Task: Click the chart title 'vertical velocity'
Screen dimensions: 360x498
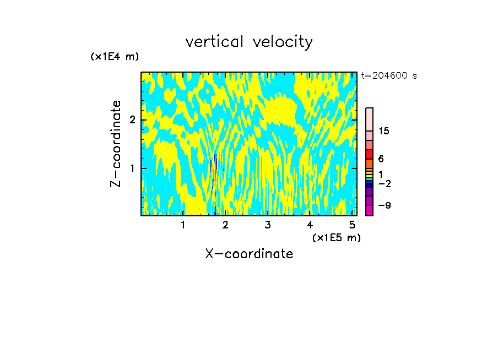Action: (x=249, y=42)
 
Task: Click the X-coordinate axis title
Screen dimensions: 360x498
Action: (x=249, y=254)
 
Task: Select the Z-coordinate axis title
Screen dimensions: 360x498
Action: (x=116, y=144)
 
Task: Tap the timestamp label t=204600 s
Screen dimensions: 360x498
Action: (x=388, y=76)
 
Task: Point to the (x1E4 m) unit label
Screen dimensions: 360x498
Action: (x=115, y=57)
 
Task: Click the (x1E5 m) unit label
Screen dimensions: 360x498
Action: (x=336, y=237)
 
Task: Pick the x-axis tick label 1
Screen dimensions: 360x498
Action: (x=183, y=225)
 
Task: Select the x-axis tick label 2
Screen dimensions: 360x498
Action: (x=225, y=225)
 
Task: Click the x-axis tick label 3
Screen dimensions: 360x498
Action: (x=268, y=225)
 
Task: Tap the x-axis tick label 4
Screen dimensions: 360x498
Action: (x=310, y=225)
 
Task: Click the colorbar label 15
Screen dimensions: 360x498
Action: (x=384, y=131)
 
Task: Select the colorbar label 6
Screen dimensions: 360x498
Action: (x=381, y=159)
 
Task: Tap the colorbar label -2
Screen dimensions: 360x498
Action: (x=384, y=184)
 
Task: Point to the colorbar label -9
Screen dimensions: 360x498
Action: (x=384, y=205)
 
